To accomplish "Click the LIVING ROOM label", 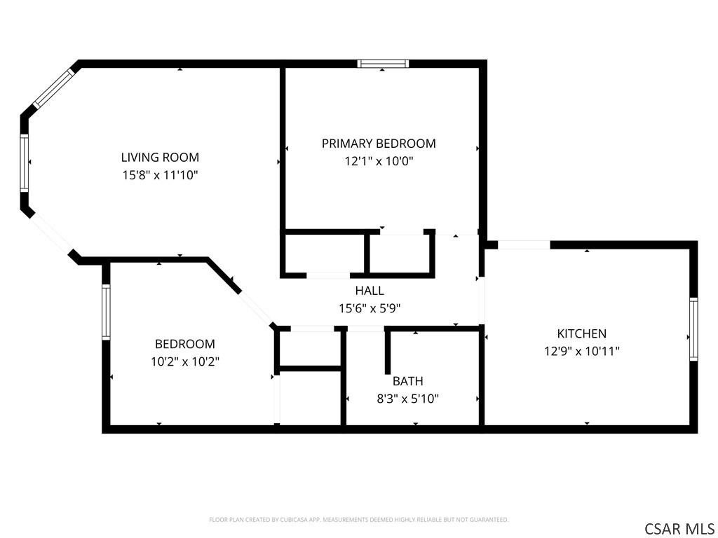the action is (x=160, y=158).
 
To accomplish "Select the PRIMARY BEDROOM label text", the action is (x=379, y=144).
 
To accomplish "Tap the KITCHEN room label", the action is (x=581, y=333).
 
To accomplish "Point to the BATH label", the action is (x=407, y=381).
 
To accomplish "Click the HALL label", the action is (x=370, y=291).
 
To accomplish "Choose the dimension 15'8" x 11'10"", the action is (x=160, y=174).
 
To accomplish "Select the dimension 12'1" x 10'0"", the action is (x=379, y=161).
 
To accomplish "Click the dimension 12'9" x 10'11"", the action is (x=581, y=352).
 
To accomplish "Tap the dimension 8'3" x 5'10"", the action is (x=407, y=399).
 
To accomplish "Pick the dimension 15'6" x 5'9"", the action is (x=370, y=308).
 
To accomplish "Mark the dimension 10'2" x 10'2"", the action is (x=185, y=362).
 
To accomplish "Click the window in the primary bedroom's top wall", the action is (x=384, y=64).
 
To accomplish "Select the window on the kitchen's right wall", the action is (x=693, y=329).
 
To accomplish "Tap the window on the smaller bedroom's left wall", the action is (x=107, y=312).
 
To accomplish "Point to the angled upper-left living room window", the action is (x=54, y=88).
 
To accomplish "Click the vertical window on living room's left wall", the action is (x=25, y=163).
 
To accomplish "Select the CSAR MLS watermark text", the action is (x=679, y=529).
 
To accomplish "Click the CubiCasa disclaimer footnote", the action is (x=358, y=520).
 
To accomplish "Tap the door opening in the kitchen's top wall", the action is (x=524, y=244).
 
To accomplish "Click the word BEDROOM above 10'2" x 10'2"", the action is (x=185, y=344).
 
